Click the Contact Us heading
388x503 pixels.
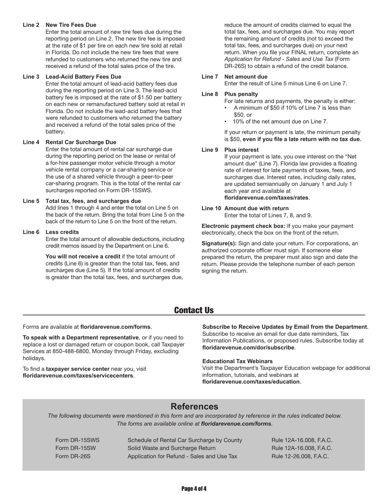[194, 310]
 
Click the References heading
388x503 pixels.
[194, 406]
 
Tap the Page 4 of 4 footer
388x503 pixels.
[194, 489]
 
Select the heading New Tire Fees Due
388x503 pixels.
[71, 25]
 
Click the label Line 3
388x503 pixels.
[31, 76]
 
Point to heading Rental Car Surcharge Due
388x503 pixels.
[81, 142]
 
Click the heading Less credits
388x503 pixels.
[62, 232]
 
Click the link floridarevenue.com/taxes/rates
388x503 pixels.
[266, 198]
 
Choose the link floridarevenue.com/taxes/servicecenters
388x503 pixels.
[78, 375]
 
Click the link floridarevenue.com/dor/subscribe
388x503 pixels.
[248, 347]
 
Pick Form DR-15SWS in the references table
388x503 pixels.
[77, 440]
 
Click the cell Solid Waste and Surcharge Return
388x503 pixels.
[172, 448]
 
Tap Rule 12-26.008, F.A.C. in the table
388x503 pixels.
[300, 456]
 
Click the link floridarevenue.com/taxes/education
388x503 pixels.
[251, 382]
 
